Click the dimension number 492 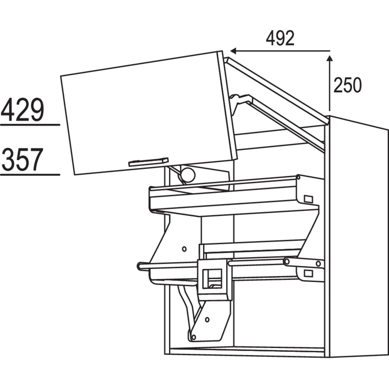pyautogui.click(x=280, y=39)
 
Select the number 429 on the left pyautogui.click(x=22, y=110)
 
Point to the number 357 pyautogui.click(x=22, y=160)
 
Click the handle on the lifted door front pyautogui.click(x=148, y=162)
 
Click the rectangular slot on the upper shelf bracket pyautogui.click(x=308, y=199)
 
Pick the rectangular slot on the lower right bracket pyautogui.click(x=308, y=273)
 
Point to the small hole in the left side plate pyautogui.click(x=184, y=249)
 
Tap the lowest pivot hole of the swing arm pyautogui.click(x=193, y=337)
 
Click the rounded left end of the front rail pyautogui.click(x=140, y=266)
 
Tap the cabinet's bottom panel pyautogui.click(x=246, y=351)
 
